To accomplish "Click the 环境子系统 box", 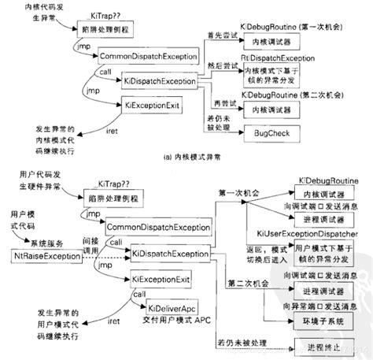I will pyautogui.click(x=323, y=321).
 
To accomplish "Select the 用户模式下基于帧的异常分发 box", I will pyautogui.click(x=323, y=251).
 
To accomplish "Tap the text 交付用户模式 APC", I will pyautogui.click(x=164, y=319).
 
